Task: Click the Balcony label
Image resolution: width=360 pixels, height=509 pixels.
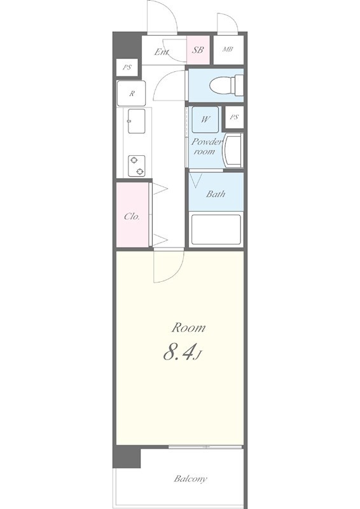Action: (191, 478)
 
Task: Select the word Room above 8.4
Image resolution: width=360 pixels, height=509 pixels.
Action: (189, 328)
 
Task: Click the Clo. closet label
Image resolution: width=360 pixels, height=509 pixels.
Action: (132, 216)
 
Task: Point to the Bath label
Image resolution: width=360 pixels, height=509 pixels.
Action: (216, 194)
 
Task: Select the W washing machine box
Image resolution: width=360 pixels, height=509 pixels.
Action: (206, 119)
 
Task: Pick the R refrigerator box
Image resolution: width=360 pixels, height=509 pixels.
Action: (132, 94)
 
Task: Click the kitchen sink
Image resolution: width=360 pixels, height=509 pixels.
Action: (137, 121)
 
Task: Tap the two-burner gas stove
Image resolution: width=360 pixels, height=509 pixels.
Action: (137, 165)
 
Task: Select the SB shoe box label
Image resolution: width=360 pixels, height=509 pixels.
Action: (198, 49)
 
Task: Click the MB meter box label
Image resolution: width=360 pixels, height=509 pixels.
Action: (227, 49)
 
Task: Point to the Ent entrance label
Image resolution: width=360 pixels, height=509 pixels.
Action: (161, 52)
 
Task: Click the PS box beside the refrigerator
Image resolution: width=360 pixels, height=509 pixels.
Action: (127, 67)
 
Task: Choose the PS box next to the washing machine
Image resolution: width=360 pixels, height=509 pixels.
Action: (235, 117)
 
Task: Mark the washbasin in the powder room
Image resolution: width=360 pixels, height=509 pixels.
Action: (233, 151)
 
